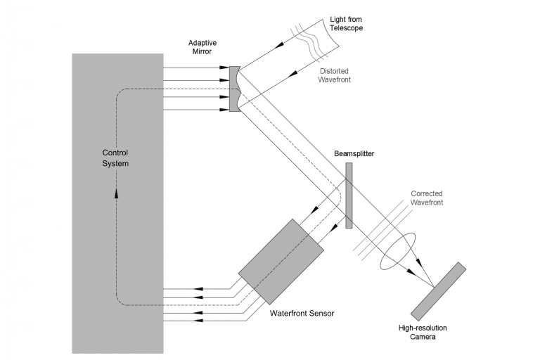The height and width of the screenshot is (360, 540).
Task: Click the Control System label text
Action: (115, 158)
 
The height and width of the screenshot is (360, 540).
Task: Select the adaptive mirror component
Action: (234, 89)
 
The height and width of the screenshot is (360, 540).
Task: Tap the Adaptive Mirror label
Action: (202, 47)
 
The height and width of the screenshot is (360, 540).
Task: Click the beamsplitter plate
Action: (349, 195)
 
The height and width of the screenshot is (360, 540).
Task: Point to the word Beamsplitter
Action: (354, 154)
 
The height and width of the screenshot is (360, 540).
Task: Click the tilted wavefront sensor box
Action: (281, 262)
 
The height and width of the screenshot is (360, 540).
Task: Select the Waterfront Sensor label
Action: (302, 313)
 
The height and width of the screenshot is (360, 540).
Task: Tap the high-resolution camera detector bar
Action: (438, 291)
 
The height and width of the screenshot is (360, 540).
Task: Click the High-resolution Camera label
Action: (423, 332)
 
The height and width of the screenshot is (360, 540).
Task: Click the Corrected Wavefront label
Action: (427, 198)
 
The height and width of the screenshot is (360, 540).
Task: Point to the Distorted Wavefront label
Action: (334, 75)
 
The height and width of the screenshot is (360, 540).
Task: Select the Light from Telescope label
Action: (346, 24)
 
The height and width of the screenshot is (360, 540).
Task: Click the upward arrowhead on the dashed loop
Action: (117, 193)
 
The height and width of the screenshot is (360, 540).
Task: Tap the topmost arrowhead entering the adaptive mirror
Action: (224, 67)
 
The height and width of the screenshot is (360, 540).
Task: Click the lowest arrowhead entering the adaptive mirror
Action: (224, 110)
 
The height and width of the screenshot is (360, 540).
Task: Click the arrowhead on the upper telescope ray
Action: (280, 46)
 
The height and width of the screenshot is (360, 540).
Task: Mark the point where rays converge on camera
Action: (434, 287)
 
